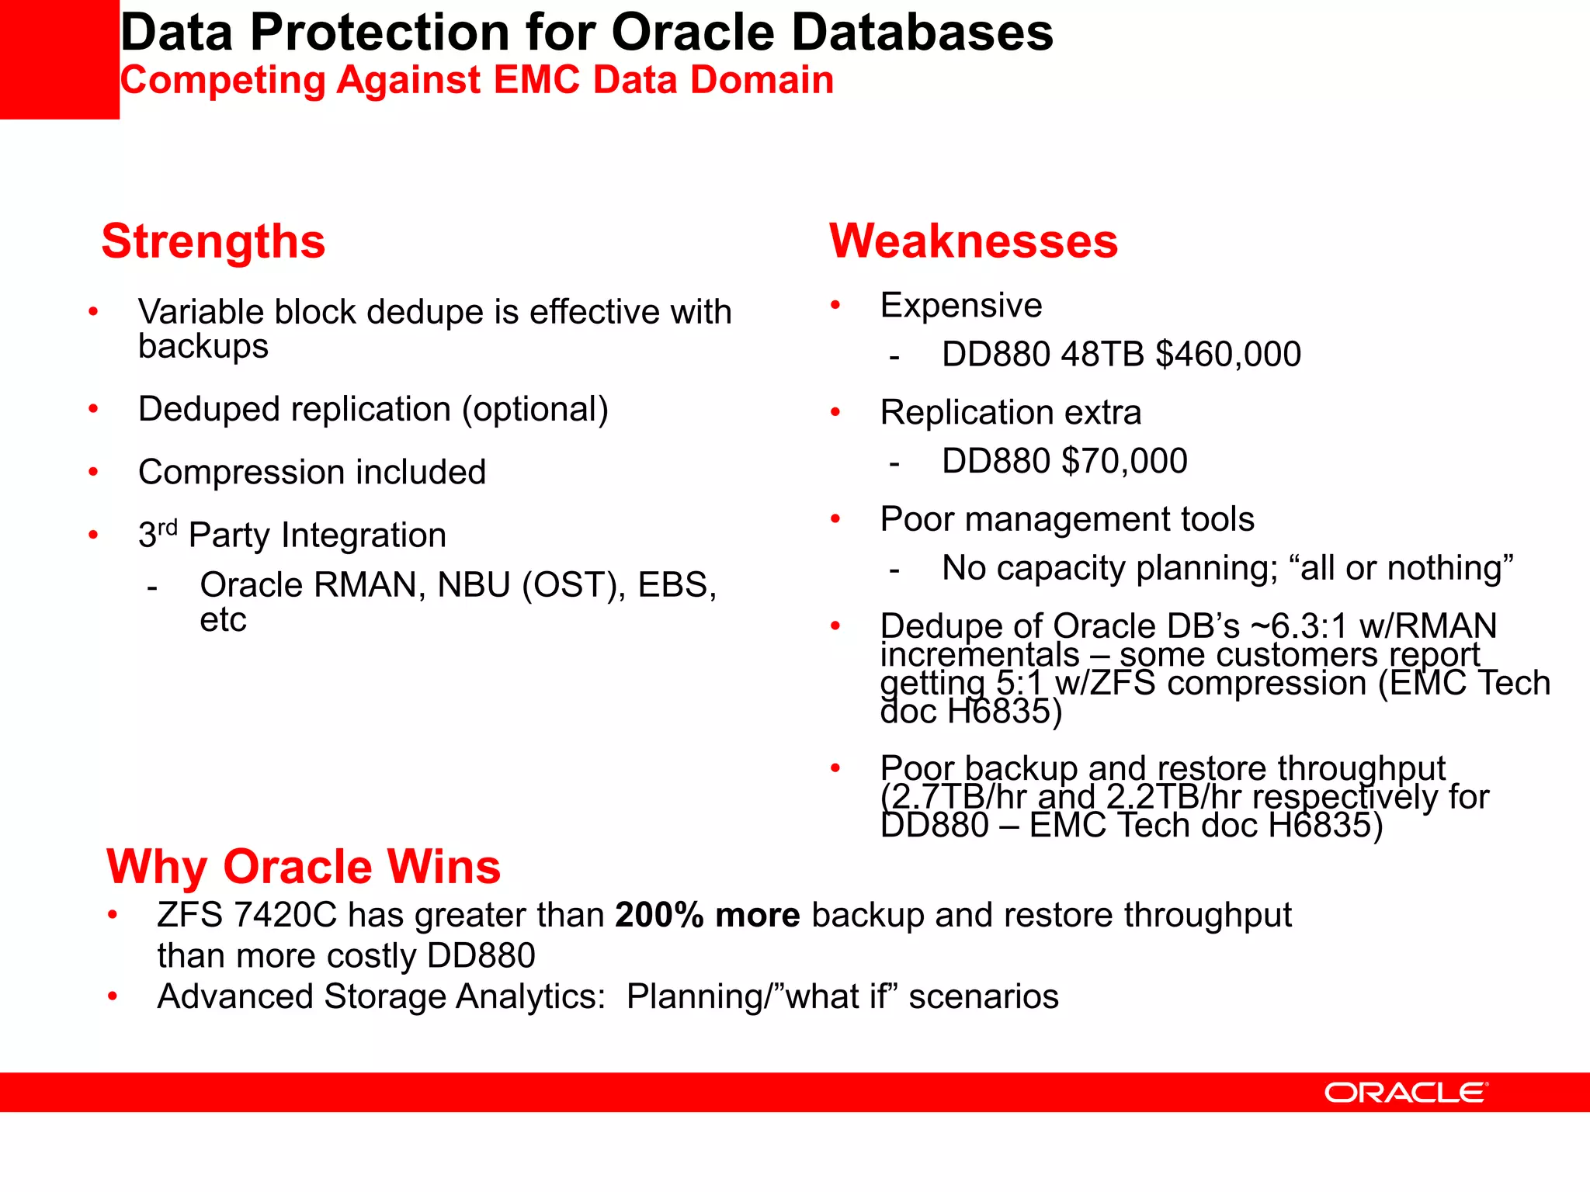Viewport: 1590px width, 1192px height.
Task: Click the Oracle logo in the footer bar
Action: (1406, 1093)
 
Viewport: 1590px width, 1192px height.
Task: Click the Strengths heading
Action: (214, 241)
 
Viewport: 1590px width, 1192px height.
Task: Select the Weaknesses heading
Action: (974, 241)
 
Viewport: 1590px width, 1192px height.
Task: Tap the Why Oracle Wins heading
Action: (304, 866)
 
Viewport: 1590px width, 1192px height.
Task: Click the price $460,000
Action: (1228, 355)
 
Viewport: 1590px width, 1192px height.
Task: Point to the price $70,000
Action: (1124, 461)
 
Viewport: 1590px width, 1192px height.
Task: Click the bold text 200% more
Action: (707, 915)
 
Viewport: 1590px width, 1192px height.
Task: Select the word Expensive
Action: (961, 305)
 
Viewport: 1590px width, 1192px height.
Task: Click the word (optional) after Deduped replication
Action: (536, 409)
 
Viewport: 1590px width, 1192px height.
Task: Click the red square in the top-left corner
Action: (59, 59)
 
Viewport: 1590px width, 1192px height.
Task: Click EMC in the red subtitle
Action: (536, 80)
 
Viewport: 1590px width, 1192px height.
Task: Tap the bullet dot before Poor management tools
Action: (836, 518)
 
